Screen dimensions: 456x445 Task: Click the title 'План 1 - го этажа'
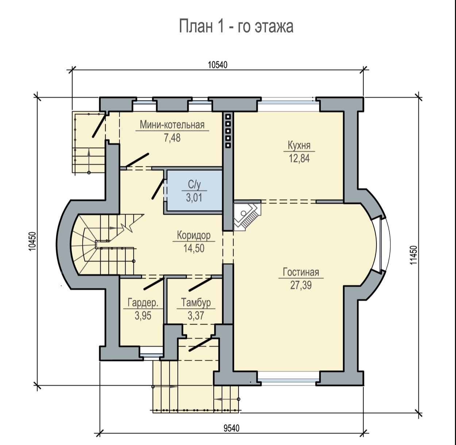point(236,27)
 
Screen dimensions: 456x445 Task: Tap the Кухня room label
point(299,145)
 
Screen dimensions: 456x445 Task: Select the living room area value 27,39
point(301,285)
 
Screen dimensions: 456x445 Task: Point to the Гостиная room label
point(301,272)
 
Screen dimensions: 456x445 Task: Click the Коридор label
point(194,235)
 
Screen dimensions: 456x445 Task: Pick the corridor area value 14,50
point(194,248)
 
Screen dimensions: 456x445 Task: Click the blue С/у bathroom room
point(194,191)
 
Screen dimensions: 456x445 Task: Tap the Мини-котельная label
point(172,125)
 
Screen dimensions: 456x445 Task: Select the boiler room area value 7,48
point(172,138)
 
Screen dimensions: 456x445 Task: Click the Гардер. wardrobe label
point(143,303)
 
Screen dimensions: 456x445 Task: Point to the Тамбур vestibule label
point(196,303)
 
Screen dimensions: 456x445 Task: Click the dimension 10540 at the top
point(218,65)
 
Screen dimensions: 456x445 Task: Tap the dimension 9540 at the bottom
point(232,428)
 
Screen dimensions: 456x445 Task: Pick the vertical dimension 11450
point(414,255)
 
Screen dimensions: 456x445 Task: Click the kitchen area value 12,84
point(299,158)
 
